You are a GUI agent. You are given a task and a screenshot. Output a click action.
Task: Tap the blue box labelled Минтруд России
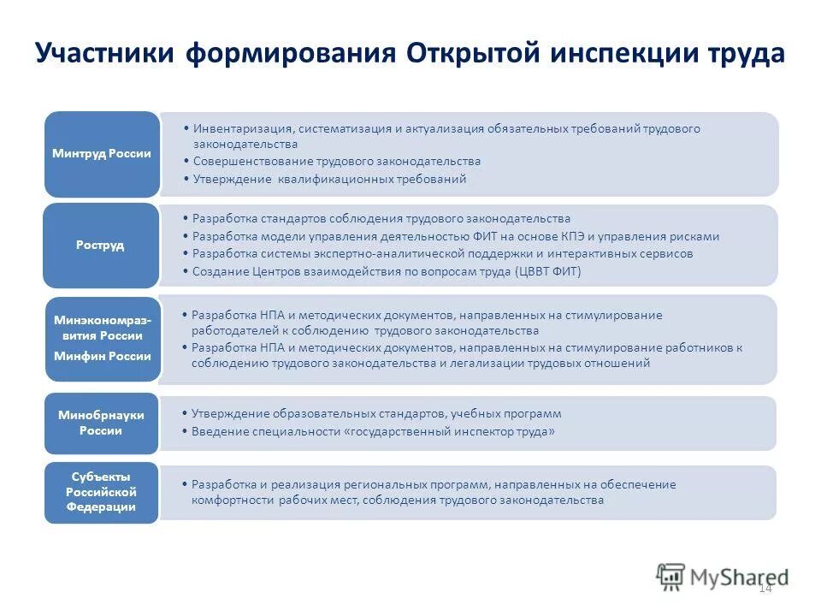102,154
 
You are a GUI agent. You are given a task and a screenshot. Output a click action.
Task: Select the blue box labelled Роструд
102,245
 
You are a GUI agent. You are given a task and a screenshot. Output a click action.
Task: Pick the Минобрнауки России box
102,423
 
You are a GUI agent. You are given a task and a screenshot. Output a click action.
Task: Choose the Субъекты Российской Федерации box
102,492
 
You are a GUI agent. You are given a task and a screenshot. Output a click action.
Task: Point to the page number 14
765,588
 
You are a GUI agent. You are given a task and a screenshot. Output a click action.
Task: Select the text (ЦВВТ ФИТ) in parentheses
547,271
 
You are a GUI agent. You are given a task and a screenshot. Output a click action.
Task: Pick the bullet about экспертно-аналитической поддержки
442,254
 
